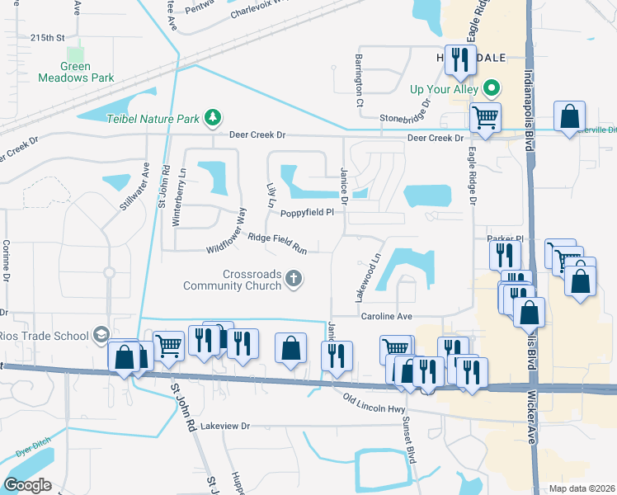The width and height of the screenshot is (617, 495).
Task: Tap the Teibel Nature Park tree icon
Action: [x=214, y=118]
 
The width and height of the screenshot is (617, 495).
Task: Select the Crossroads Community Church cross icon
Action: [x=292, y=281]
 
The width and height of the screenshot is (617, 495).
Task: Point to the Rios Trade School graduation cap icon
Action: [x=101, y=334]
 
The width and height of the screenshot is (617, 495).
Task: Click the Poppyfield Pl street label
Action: [x=307, y=213]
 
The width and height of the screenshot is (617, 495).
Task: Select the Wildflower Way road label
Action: [x=227, y=230]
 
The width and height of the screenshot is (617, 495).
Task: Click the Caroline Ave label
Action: [x=385, y=316]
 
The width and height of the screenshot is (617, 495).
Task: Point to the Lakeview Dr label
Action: [x=224, y=426]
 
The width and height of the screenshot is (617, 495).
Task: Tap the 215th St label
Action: [x=47, y=38]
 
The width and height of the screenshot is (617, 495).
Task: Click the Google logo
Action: [x=28, y=484]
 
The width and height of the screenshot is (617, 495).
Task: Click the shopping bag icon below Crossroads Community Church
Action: [x=290, y=347]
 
